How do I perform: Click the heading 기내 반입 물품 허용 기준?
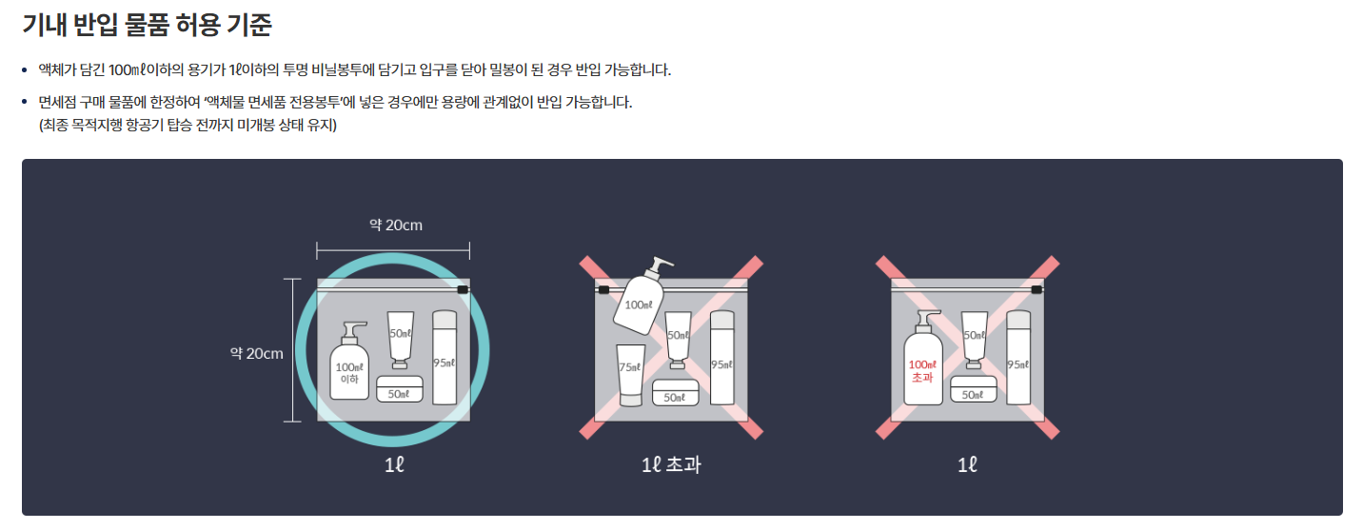147,25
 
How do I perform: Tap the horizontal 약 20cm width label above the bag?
395,226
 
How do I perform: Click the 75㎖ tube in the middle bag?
629,374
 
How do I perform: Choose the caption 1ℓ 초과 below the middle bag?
672,465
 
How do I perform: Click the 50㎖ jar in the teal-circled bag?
399,390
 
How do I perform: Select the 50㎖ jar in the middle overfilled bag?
676,393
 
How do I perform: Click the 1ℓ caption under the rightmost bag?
966,465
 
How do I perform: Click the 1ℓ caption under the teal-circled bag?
393,465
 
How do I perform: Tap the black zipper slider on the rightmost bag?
1037,289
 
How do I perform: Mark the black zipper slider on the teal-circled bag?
463,289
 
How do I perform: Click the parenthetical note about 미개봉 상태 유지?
188,126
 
